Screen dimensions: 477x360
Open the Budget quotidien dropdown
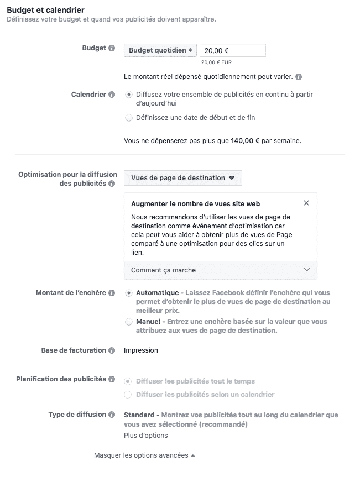click(160, 50)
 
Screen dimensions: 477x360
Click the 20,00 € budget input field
click(232, 50)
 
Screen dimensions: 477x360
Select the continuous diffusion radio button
click(129, 95)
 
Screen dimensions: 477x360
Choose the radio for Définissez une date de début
click(129, 118)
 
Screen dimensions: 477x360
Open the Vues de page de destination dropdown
click(182, 178)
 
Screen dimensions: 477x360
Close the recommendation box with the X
click(306, 203)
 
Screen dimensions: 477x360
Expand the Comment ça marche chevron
click(307, 270)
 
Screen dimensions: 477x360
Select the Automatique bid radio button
click(129, 293)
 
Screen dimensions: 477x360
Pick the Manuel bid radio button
click(129, 322)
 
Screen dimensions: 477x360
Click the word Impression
click(141, 350)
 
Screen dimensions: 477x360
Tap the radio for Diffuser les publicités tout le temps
click(129, 381)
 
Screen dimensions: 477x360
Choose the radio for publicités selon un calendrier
click(129, 395)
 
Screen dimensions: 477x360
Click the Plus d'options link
click(145, 436)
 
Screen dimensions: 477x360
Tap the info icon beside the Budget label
click(112, 49)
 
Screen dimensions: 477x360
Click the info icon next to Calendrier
click(112, 95)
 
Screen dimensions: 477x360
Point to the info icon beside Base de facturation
click(112, 350)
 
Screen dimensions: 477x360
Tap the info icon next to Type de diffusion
click(112, 415)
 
